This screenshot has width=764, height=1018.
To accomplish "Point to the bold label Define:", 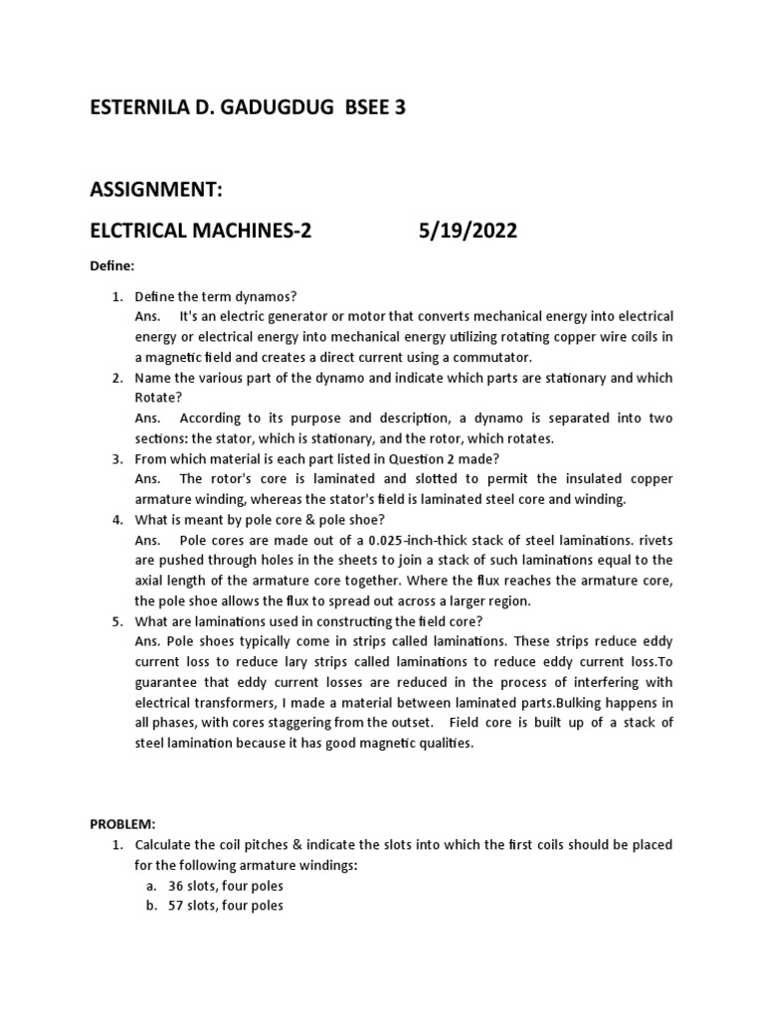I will [x=110, y=267].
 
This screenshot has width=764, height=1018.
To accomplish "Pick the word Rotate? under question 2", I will [x=157, y=397].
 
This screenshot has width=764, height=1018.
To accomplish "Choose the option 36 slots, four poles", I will [x=226, y=886].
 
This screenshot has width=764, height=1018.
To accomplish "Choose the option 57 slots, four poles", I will [x=226, y=906].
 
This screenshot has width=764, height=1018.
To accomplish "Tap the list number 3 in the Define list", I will [x=116, y=458].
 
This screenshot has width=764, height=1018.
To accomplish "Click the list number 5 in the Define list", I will [x=116, y=621].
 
